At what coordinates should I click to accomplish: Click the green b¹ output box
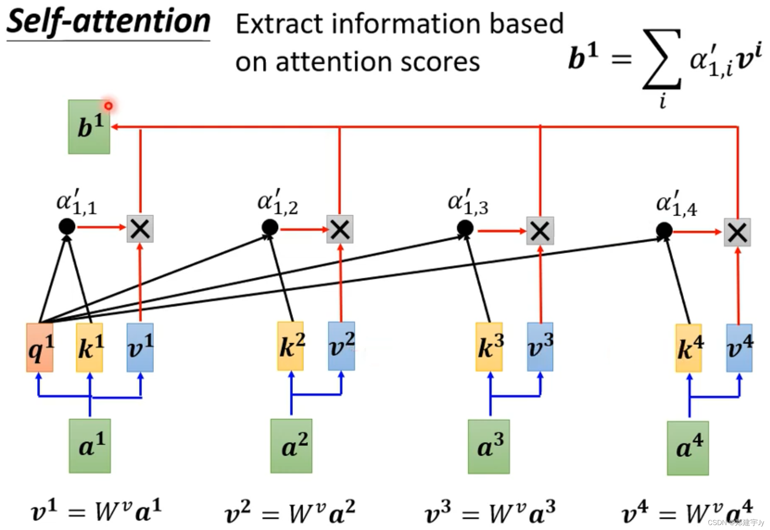pos(89,127)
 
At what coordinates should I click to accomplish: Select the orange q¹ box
pos(40,348)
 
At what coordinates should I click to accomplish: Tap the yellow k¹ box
pos(89,348)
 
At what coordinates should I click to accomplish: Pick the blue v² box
pos(341,346)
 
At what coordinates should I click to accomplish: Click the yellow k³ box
pos(489,347)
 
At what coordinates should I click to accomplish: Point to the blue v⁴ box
pos(739,348)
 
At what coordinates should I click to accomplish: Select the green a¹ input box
pos(90,446)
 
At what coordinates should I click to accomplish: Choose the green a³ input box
pos(489,447)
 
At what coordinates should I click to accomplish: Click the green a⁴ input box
pos(688,448)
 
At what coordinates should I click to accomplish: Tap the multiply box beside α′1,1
pos(140,229)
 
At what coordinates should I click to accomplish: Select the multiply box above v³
pos(540,231)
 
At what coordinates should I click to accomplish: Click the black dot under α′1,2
pos(270,227)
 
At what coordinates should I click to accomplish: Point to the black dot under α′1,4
pos(664,230)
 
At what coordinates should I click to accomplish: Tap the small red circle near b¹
pos(109,106)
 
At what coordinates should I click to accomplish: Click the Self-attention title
pos(108,22)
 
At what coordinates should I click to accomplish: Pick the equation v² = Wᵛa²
pos(290,513)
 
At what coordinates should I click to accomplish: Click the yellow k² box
pos(291,346)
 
